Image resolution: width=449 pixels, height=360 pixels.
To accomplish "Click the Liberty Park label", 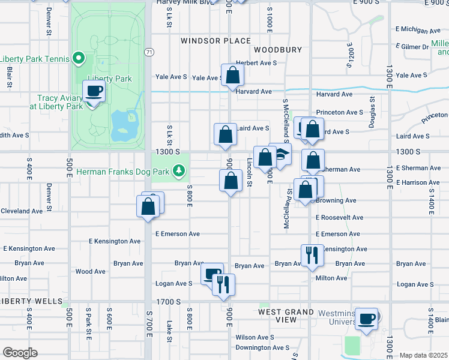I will (x=109, y=79).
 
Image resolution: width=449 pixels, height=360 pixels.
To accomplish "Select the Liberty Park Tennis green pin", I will (x=77, y=58).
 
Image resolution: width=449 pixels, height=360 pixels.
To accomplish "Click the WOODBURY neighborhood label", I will (x=277, y=50).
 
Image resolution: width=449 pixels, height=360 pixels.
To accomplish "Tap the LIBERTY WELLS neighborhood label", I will (x=31, y=301).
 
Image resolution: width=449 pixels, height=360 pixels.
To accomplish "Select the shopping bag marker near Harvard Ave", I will (x=232, y=76).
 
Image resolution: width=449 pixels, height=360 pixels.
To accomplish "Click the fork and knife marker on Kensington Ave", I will (x=312, y=256).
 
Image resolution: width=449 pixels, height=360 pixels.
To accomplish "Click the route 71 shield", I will (x=148, y=53).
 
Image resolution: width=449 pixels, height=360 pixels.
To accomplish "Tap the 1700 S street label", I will (x=168, y=301).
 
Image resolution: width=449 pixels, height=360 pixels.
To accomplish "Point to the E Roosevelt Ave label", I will (x=339, y=218).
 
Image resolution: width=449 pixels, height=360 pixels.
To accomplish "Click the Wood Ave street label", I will (x=91, y=272).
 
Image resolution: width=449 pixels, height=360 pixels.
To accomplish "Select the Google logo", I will (x=20, y=353).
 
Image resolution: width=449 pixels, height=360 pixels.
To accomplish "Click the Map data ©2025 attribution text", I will (x=423, y=355).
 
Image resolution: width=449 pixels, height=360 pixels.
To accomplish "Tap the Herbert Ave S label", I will (x=256, y=62).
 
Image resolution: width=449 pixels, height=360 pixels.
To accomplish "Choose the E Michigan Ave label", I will (x=419, y=30).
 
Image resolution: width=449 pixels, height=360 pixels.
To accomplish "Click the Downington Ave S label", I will (x=263, y=347).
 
